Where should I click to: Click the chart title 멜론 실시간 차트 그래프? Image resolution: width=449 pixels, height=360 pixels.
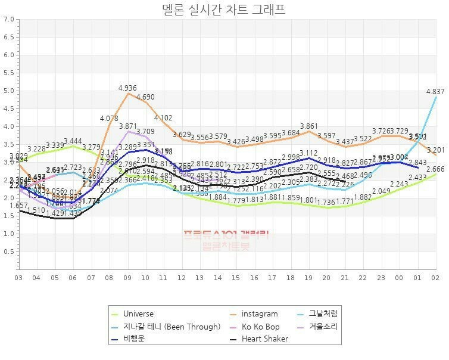point(224,9)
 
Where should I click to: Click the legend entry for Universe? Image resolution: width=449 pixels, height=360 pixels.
point(138,314)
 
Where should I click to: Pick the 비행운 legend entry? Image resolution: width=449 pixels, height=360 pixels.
point(133,339)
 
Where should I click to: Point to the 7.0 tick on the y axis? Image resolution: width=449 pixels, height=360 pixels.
point(9,19)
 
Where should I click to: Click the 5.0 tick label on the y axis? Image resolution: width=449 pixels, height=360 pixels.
point(9,91)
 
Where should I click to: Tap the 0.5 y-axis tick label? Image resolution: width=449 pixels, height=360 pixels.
point(9,252)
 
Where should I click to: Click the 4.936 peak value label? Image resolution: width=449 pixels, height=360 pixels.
point(128,88)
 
